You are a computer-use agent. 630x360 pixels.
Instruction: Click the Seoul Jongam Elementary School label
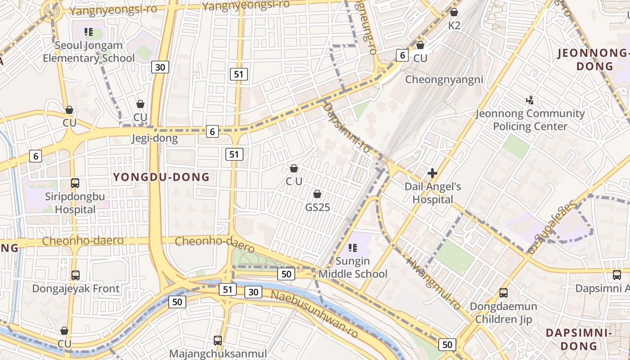pyautogui.click(x=89, y=52)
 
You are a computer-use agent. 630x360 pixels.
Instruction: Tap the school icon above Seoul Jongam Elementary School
pyautogui.click(x=89, y=32)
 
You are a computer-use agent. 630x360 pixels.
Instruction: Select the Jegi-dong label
pyautogui.click(x=154, y=138)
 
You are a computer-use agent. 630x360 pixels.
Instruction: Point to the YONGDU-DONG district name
pyautogui.click(x=162, y=177)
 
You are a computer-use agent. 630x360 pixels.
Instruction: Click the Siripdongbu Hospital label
pyautogui.click(x=75, y=203)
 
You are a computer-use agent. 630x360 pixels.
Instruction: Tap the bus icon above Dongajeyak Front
pyautogui.click(x=76, y=275)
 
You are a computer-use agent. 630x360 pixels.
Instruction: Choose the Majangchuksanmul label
pyautogui.click(x=218, y=354)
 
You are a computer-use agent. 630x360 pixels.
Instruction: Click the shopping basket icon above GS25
pyautogui.click(x=317, y=194)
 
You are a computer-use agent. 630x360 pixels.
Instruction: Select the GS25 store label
pyautogui.click(x=318, y=207)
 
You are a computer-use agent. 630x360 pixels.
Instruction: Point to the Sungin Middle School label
pyautogui.click(x=353, y=267)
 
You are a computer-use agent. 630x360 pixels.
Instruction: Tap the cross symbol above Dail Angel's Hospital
pyautogui.click(x=432, y=173)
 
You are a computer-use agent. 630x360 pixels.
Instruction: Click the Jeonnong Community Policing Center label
pyautogui.click(x=530, y=120)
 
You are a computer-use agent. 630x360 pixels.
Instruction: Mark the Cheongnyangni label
pyautogui.click(x=444, y=80)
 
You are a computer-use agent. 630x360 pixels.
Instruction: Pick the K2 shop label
pyautogui.click(x=454, y=26)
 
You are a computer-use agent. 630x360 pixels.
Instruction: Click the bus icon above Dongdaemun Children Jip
pyautogui.click(x=504, y=293)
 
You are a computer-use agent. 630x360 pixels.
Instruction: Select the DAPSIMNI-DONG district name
pyautogui.click(x=578, y=339)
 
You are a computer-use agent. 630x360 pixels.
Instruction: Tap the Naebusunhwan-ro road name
pyautogui.click(x=315, y=314)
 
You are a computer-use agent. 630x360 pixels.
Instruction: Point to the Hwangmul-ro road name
pyautogui.click(x=433, y=283)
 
